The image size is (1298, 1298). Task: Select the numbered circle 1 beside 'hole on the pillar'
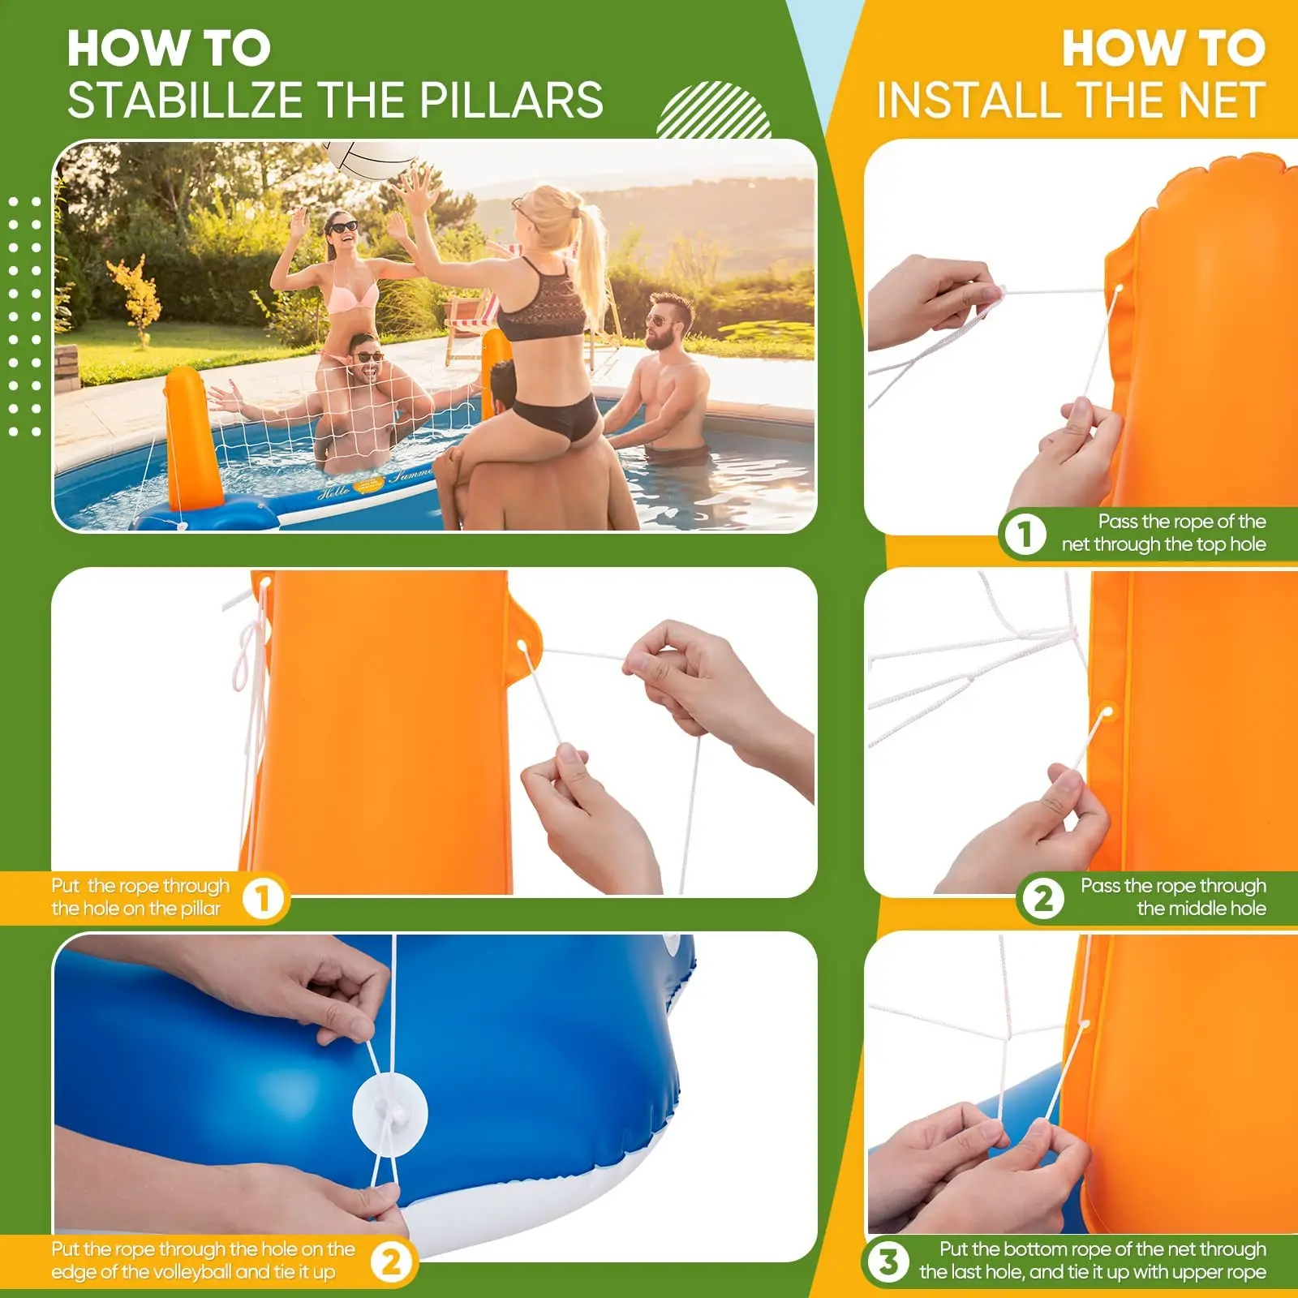[x=262, y=897]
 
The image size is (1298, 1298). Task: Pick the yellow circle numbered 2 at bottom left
[x=391, y=1262]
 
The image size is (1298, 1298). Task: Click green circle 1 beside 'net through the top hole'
[x=1025, y=534]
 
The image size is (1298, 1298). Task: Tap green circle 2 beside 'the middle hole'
[x=1042, y=898]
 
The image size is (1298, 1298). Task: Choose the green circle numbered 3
[x=888, y=1261]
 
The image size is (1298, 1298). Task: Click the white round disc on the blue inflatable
[x=389, y=1111]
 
